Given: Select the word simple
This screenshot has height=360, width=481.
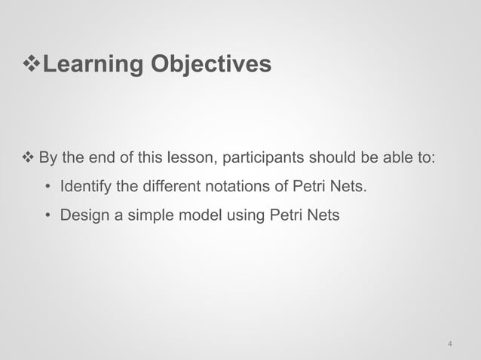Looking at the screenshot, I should [146, 215].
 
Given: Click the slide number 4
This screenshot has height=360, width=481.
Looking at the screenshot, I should [450, 345].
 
